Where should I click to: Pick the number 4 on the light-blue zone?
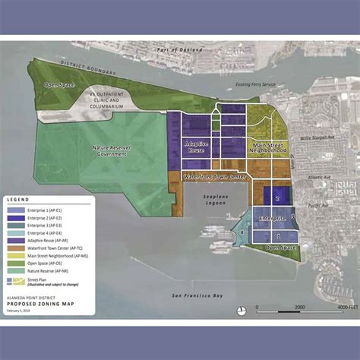point(242,232)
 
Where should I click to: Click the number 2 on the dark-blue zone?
point(278,197)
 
